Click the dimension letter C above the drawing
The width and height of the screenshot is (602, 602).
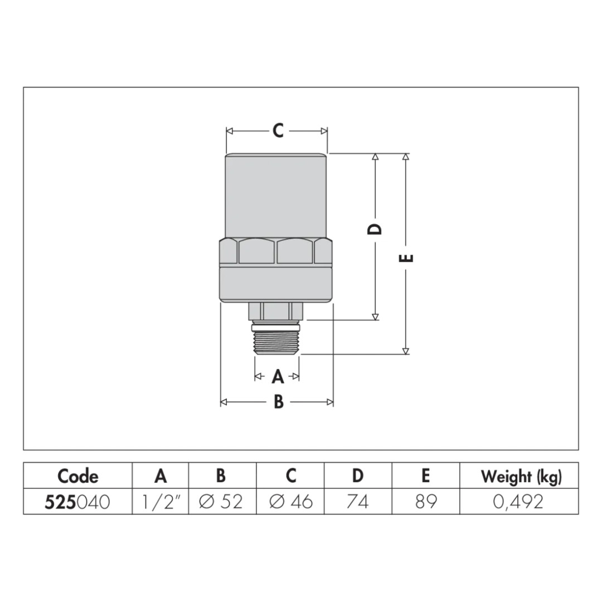point(278,130)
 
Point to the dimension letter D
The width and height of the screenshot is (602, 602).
point(375,229)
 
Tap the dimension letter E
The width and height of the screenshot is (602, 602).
point(406,258)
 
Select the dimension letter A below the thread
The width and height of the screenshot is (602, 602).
point(278,376)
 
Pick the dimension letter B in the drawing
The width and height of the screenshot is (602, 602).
point(279,402)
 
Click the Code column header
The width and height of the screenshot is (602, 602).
point(78,476)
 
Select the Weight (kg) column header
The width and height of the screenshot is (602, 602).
point(521,477)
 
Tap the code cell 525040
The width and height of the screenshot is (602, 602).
point(77,502)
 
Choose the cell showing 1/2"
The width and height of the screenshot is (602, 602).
point(161,502)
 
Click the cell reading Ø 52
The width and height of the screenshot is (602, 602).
point(221,502)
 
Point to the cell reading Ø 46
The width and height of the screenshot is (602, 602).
point(291,502)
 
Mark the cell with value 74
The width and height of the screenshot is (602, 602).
point(358,502)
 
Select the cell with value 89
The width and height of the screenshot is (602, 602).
point(426,502)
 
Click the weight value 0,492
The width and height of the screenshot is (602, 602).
point(518,502)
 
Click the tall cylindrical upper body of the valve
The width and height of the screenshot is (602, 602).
point(276,196)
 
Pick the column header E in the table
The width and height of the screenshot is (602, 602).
point(425,476)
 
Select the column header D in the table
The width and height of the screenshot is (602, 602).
point(358,476)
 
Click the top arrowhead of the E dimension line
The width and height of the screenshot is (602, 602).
point(406,157)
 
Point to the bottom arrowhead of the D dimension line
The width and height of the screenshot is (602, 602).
point(376,317)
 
